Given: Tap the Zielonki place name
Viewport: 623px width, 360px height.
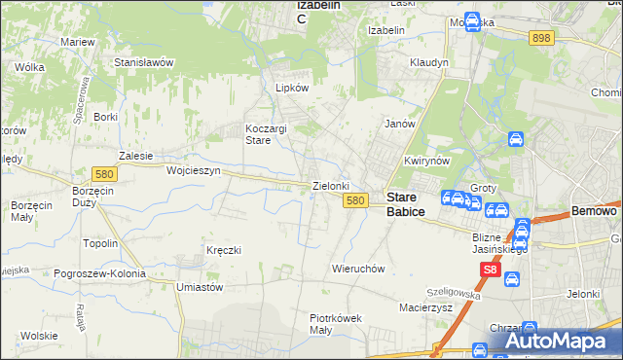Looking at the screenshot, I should pyautogui.click(x=330, y=185).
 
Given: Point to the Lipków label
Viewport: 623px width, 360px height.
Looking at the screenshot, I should pyautogui.click(x=292, y=87).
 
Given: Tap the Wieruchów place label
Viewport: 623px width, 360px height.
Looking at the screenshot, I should pyautogui.click(x=360, y=269).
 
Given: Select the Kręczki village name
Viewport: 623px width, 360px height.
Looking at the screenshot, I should pyautogui.click(x=223, y=250).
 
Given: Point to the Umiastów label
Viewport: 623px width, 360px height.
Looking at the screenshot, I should pyautogui.click(x=201, y=288).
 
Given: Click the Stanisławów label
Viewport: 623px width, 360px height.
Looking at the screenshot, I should pyautogui.click(x=143, y=61).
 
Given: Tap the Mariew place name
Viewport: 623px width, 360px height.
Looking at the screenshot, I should pyautogui.click(x=77, y=43).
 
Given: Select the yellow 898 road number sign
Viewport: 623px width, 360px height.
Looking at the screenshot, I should pyautogui.click(x=542, y=37).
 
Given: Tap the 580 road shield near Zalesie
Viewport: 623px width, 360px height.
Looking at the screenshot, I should pyautogui.click(x=104, y=173).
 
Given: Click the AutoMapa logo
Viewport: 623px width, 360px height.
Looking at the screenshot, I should pyautogui.click(x=557, y=341).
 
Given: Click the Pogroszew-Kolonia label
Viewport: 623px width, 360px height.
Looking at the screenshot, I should pyautogui.click(x=100, y=274).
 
